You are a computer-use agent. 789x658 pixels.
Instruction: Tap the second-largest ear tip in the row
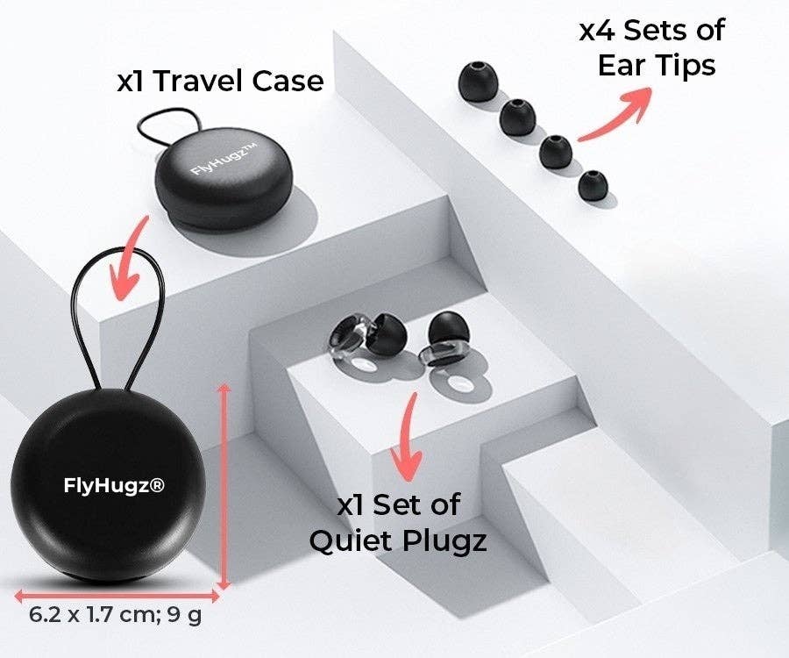pyautogui.click(x=516, y=119)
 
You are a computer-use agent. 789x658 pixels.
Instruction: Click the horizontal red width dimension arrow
pyautogui.click(x=114, y=591)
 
